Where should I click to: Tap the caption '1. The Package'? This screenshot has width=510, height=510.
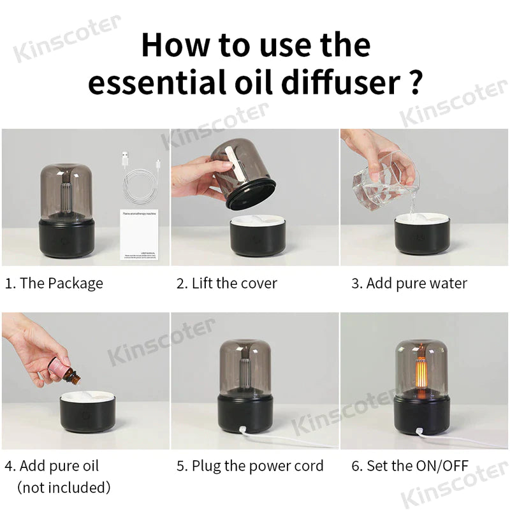pyautogui.click(x=54, y=283)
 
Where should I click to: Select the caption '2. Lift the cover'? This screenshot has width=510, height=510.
pyautogui.click(x=226, y=283)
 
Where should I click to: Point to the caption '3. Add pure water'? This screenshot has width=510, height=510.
pyautogui.click(x=409, y=283)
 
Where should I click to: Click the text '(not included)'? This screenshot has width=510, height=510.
pyautogui.click(x=64, y=488)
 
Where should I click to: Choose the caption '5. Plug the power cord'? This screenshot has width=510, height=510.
pyautogui.click(x=250, y=466)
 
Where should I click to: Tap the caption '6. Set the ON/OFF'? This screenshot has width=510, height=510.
pyautogui.click(x=410, y=466)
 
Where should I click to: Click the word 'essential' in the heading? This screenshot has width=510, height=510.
pyautogui.click(x=158, y=84)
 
